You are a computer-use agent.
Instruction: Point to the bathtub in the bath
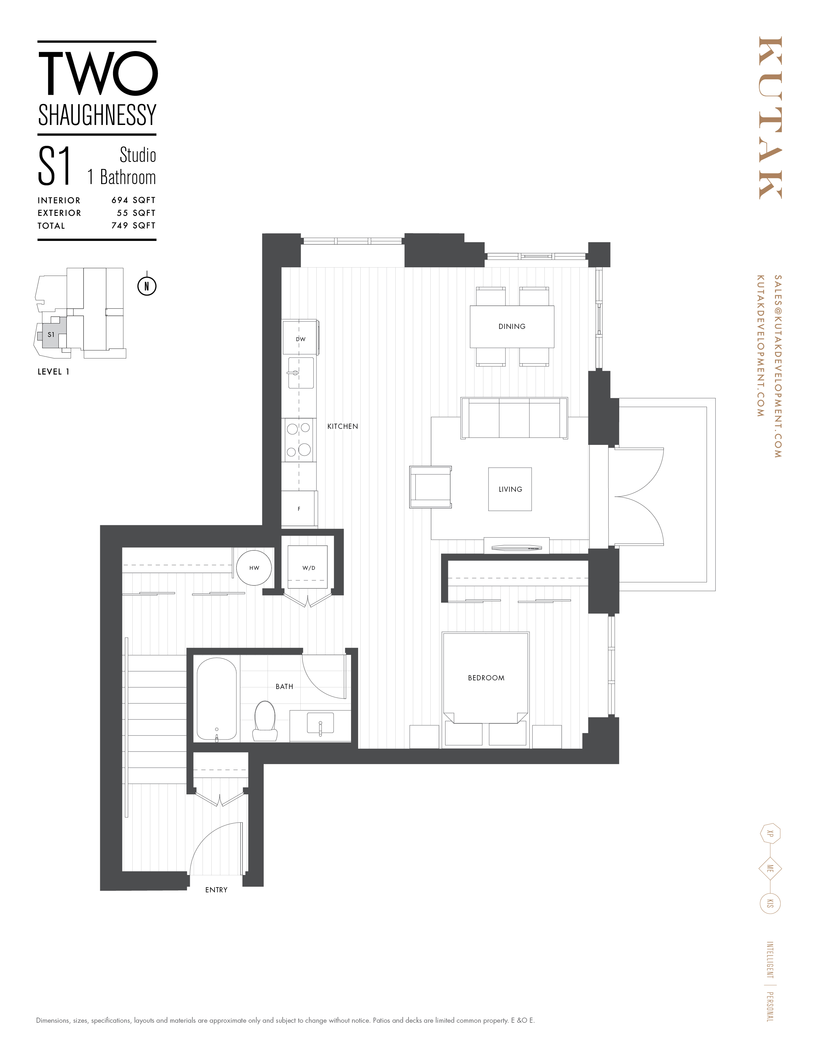216,699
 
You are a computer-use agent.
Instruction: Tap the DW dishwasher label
300,339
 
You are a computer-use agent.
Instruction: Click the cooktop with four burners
298,440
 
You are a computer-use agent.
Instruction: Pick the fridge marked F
299,509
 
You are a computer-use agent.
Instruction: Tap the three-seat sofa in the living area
514,418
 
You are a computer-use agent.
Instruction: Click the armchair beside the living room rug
430,487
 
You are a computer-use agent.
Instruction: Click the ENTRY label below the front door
216,890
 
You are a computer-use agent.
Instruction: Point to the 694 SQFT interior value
133,200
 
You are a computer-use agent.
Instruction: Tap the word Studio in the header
138,155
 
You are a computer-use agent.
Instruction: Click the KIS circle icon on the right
770,903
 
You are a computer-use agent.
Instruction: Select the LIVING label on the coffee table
510,489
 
